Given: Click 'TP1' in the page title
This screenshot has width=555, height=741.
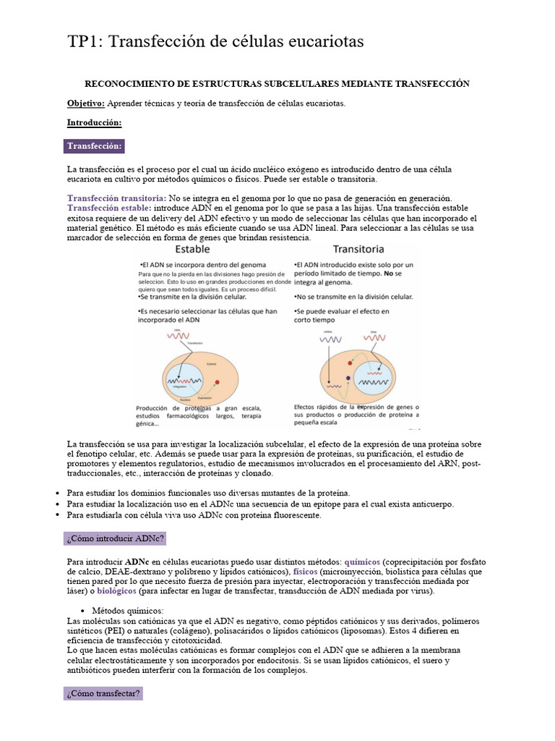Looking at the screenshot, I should (x=85, y=43).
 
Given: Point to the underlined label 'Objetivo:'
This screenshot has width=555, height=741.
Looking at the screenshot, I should (x=86, y=103).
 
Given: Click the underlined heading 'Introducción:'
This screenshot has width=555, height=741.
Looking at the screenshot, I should (x=94, y=122).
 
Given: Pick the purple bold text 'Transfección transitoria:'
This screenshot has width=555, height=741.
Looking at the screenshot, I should (x=116, y=198).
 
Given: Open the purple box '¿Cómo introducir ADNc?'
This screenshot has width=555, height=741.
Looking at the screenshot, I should (x=116, y=539).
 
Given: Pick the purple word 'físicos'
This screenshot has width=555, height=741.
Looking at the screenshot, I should (x=306, y=571).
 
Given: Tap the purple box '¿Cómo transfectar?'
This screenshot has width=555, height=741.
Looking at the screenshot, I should (x=104, y=694).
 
